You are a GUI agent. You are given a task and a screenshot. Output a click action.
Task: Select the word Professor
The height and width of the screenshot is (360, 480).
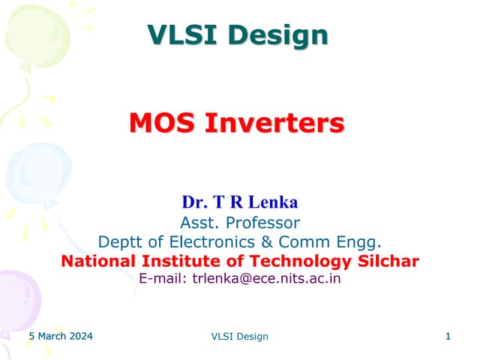tap(259, 222)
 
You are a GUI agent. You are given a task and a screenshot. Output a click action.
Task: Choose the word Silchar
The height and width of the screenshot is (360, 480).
tap(385, 261)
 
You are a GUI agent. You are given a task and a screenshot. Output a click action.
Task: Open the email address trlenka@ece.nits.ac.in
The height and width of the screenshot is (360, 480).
tap(267, 279)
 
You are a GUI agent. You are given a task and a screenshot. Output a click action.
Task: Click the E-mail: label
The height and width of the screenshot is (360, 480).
tap(163, 279)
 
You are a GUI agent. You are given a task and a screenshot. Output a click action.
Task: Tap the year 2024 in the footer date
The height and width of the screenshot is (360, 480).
tap(79, 337)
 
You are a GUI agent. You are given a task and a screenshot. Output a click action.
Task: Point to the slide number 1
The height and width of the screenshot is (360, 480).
tap(448, 337)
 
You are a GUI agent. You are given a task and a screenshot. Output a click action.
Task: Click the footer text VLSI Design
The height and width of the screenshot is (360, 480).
tap(240, 337)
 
